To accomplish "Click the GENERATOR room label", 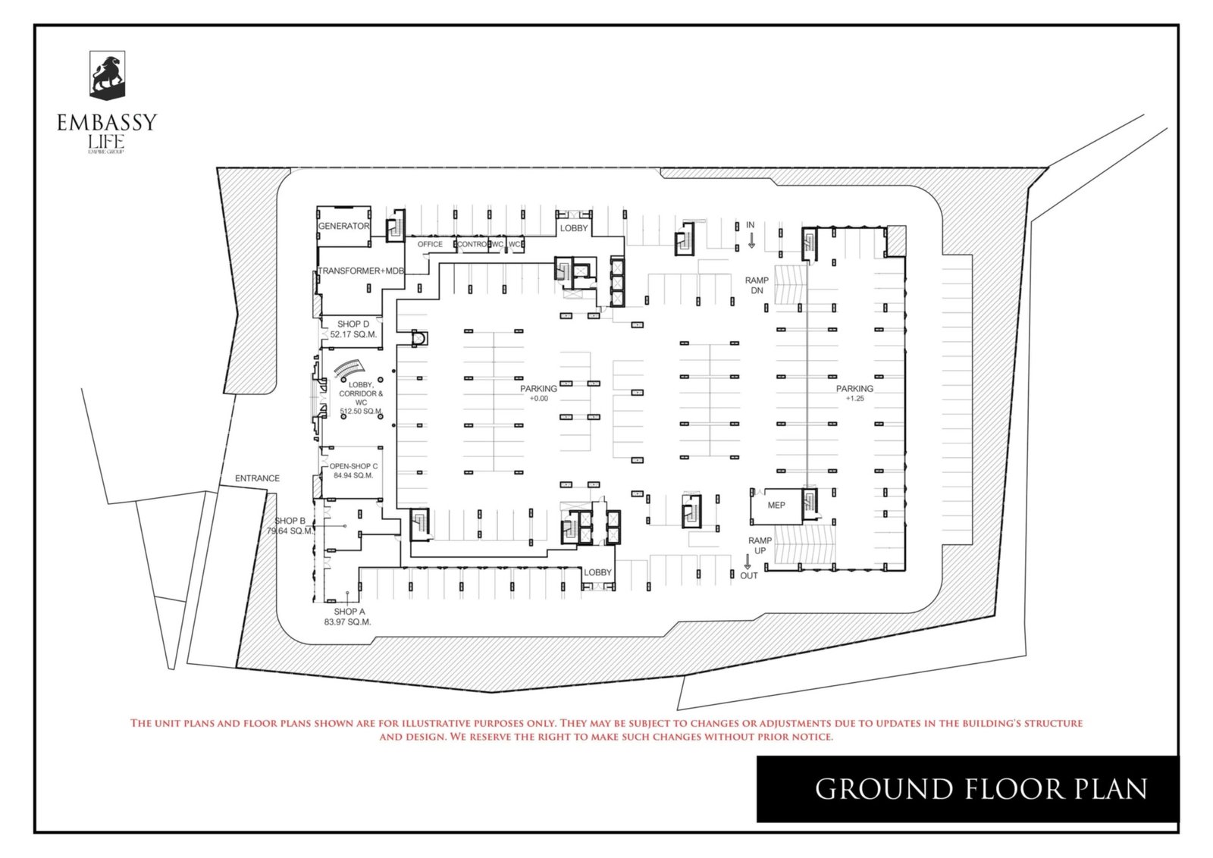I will point(343,226).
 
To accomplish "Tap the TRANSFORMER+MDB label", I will point(361,271).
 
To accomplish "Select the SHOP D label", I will point(353,324).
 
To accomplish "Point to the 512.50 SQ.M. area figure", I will point(361,412).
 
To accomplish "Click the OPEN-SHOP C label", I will point(353,466).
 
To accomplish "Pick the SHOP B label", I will point(290,521).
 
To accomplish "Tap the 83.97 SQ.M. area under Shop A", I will point(347,622).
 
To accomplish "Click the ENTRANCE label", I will point(257,478).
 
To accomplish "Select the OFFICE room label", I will point(430,244).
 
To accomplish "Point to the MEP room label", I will point(776,505).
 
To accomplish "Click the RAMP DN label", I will point(757,285).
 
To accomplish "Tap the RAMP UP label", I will point(760,546).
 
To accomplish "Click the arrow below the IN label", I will point(751,240).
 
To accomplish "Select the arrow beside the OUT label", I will point(747,562).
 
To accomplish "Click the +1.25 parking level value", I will point(854,399).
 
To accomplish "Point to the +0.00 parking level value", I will point(538,399).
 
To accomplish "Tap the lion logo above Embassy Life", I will point(107,75).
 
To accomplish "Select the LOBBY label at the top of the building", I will point(574,228).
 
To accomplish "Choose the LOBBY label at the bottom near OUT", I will point(597,572).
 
